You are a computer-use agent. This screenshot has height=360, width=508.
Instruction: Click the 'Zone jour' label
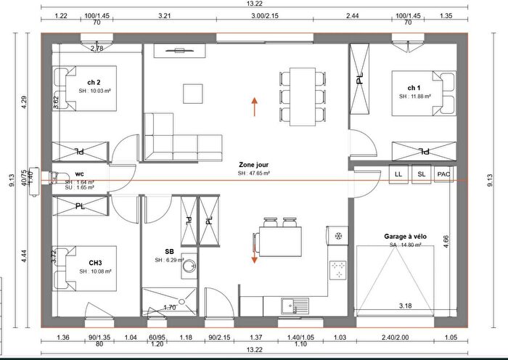click(253, 165)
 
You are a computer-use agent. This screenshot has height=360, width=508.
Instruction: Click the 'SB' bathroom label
click(168, 250)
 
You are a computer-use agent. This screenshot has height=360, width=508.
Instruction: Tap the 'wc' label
click(80, 174)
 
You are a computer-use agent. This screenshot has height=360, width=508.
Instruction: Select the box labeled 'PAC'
click(444, 175)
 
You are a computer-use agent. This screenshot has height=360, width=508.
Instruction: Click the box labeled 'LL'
click(398, 175)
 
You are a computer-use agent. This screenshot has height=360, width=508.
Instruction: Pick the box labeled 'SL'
click(421, 175)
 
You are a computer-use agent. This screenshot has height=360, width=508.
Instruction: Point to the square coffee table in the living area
click(193, 94)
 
